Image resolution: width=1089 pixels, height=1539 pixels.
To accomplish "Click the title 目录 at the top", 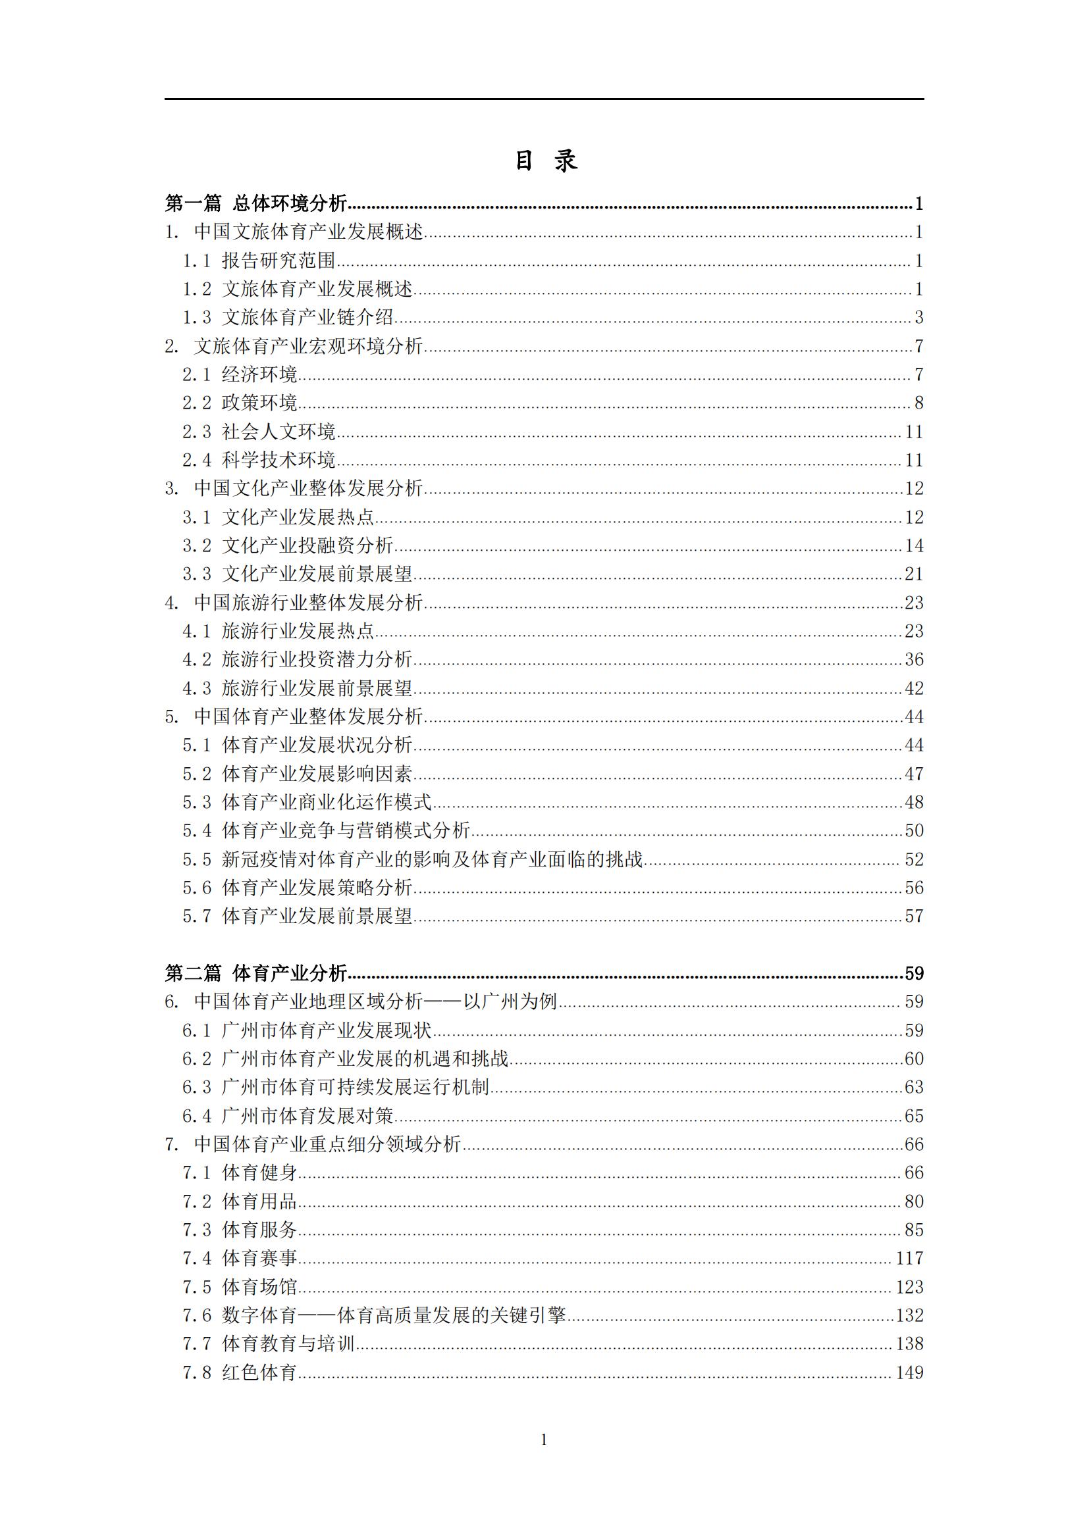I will click(544, 161).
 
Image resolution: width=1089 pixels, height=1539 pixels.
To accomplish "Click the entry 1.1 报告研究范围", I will click(259, 260).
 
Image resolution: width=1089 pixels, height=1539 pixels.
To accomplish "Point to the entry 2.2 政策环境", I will click(240, 403).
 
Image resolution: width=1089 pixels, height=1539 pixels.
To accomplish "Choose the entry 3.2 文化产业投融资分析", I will click(288, 545).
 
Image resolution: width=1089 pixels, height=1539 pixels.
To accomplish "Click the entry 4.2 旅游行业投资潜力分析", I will click(297, 659).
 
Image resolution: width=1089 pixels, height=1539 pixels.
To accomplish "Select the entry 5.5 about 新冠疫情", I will click(412, 859).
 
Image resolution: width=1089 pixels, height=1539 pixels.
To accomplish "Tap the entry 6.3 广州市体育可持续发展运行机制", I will click(336, 1087).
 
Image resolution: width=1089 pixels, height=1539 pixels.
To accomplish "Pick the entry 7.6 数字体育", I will click(374, 1315).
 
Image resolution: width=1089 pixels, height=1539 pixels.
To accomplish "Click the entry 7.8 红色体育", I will click(240, 1372).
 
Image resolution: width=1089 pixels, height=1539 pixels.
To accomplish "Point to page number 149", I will click(909, 1372).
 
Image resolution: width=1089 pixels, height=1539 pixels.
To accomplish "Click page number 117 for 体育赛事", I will click(909, 1258).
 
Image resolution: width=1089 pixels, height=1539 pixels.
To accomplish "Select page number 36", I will click(914, 659).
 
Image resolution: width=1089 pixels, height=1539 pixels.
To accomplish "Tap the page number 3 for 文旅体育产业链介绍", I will click(918, 317).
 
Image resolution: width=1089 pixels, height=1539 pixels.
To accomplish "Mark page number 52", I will click(914, 859).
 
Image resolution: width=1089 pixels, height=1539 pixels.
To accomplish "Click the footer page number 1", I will click(544, 1440).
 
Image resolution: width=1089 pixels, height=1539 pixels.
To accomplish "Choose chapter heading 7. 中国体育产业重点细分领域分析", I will click(313, 1144).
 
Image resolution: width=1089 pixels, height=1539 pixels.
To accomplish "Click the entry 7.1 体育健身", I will click(240, 1173).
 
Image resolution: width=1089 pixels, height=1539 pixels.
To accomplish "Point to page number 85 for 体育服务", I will click(914, 1230).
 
